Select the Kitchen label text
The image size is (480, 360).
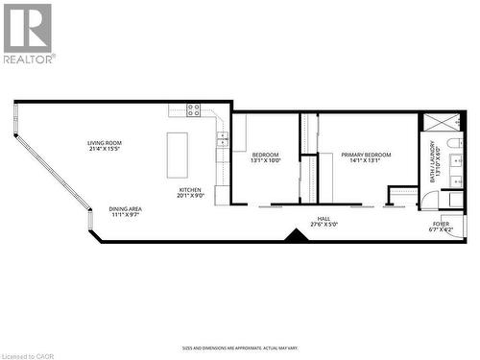click(190, 190)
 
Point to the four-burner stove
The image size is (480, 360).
click(194, 109)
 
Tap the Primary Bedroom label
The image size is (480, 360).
click(365, 155)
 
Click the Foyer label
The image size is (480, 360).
click(441, 223)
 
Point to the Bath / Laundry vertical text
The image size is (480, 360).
click(434, 166)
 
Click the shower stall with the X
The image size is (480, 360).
click(443, 123)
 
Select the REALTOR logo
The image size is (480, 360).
click(28, 33)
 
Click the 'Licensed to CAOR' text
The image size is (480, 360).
click(29, 353)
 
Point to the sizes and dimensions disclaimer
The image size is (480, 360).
click(240, 348)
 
